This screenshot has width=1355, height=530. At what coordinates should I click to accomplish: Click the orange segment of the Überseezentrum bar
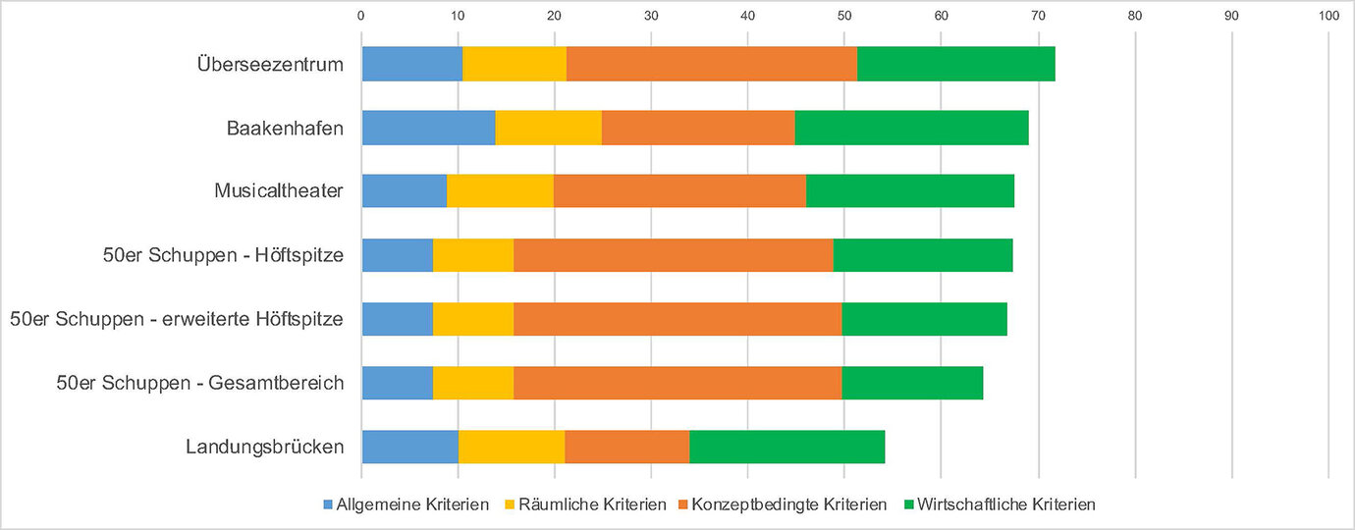point(712,64)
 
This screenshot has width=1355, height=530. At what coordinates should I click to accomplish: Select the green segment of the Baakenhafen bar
point(911,128)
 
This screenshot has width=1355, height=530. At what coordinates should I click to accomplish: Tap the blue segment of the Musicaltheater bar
point(405,191)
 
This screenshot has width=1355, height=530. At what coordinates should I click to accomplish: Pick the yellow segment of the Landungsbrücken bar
point(512,447)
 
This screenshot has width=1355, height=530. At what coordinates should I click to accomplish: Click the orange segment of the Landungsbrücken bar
point(626,447)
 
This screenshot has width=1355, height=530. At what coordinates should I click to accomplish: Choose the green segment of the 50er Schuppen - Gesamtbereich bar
point(912,383)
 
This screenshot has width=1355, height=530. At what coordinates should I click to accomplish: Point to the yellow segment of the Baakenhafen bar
point(548,128)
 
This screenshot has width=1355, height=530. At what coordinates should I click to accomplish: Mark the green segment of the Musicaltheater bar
point(910,191)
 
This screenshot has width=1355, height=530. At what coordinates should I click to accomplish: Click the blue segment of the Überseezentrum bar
point(412,64)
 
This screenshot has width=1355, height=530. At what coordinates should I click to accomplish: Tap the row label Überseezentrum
point(270,65)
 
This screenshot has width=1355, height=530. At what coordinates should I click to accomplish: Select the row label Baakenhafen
point(285,129)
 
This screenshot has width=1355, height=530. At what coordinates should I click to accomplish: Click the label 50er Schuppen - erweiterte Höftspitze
point(177,319)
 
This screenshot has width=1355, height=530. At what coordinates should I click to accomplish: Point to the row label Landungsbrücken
point(265,447)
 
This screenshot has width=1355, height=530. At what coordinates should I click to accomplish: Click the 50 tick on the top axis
point(845,15)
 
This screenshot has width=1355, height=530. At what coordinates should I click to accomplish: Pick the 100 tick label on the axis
point(1328,15)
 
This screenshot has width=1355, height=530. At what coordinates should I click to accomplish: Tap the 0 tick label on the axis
point(361,15)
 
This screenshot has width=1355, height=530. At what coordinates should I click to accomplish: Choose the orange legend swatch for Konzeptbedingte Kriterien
point(681,504)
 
